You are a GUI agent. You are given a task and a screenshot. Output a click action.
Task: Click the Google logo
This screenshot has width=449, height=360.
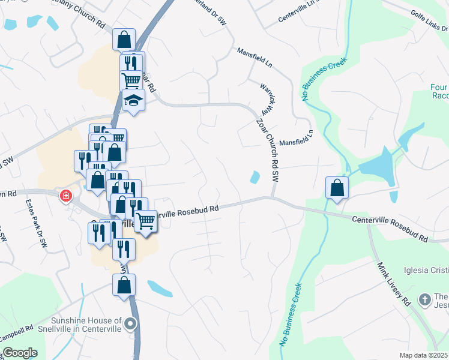coord(20,353)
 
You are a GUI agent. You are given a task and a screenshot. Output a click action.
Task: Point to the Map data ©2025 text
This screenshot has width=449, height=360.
coord(423,355)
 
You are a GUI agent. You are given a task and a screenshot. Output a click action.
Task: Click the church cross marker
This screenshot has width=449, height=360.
coord(424,299)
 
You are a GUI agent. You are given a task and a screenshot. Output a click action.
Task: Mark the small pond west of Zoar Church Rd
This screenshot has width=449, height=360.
coord(255,177)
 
